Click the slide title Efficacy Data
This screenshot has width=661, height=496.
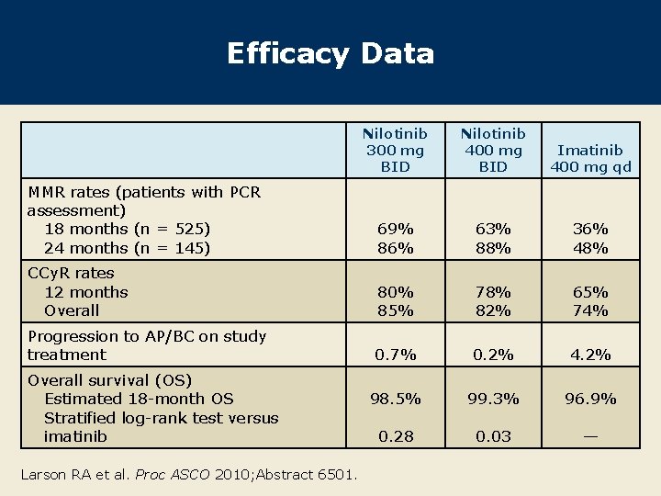point(330,53)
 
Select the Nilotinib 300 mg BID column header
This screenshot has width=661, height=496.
point(395,151)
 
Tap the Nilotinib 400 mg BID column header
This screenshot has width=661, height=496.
point(493,151)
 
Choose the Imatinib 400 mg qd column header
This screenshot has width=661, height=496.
point(590,158)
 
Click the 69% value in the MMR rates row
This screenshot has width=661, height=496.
point(395,229)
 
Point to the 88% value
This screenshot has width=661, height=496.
point(493,248)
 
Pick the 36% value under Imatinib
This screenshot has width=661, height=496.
point(590,229)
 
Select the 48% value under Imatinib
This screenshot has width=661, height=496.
point(590,248)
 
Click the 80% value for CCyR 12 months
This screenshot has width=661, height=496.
point(395,292)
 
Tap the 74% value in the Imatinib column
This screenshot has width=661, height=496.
point(590,310)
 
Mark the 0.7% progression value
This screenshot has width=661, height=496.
point(395,355)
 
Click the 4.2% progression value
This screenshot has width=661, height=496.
point(590,355)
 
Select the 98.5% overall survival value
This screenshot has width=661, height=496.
point(395,399)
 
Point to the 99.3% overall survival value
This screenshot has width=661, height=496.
point(493,399)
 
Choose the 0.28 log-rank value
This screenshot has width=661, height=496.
point(395,436)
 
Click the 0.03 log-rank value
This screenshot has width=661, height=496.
point(493,436)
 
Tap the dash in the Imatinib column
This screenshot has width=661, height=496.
point(590,436)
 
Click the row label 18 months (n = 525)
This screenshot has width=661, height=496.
point(127,229)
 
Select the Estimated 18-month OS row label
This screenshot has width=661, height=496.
point(139,399)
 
